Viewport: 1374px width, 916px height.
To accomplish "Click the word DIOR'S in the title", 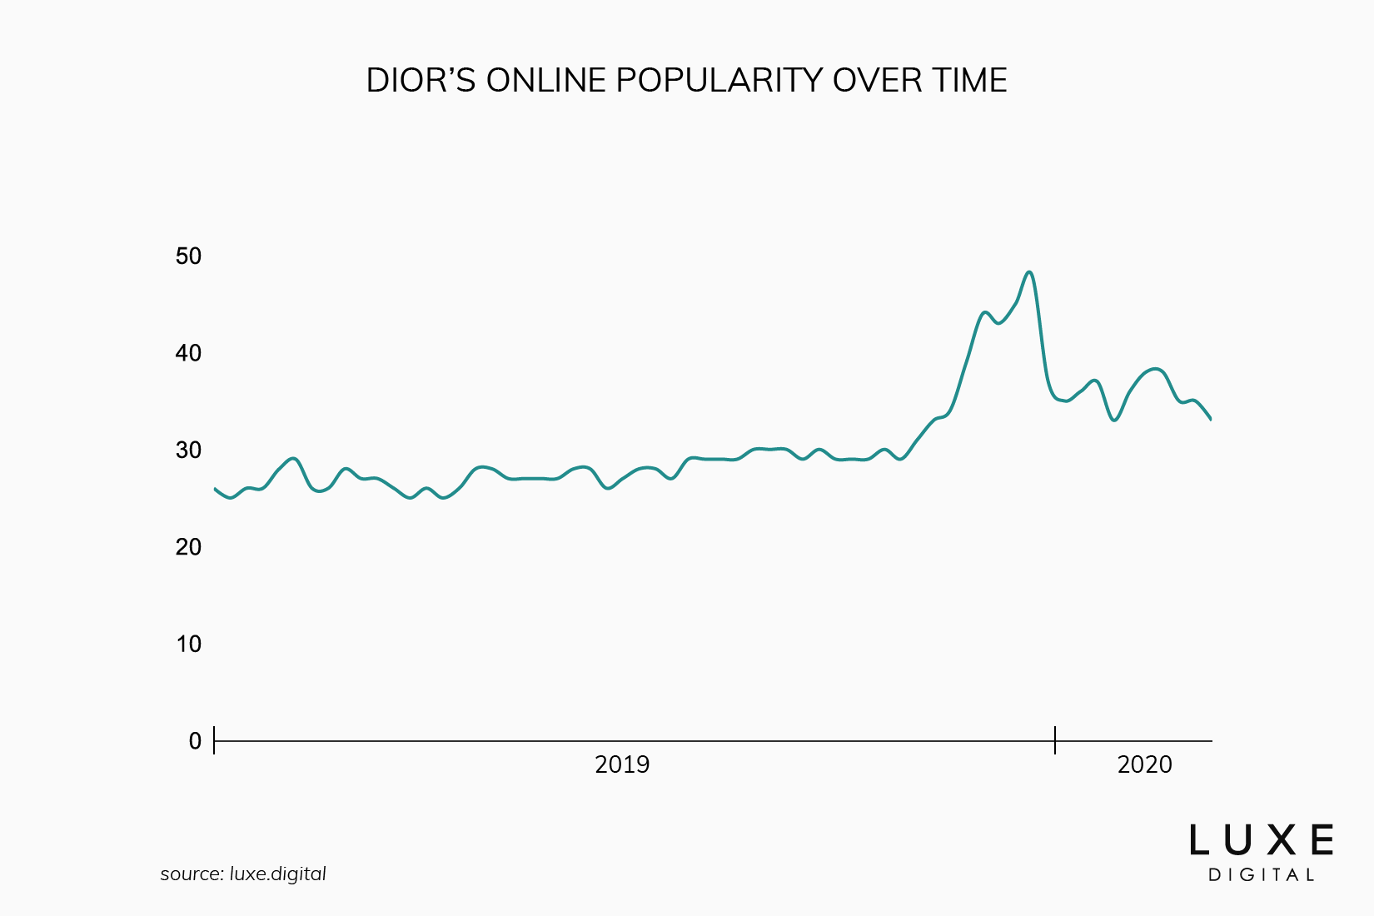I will tap(421, 81).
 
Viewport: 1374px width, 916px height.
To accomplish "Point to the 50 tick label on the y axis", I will tap(189, 256).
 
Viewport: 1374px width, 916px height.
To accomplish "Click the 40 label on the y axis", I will tap(189, 353).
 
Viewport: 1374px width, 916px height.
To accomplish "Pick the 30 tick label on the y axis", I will tap(189, 451).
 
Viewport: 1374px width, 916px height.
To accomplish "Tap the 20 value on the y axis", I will tap(189, 547).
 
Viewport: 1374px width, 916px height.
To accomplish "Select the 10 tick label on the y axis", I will tap(189, 644).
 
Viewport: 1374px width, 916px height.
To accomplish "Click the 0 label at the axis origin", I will tap(196, 741).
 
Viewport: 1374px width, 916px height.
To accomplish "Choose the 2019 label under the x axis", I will tap(622, 764).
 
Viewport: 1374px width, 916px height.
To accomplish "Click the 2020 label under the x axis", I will tap(1145, 764).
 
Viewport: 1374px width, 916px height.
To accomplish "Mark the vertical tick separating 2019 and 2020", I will tap(1055, 739).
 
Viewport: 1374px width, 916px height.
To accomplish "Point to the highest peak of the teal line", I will tap(1030, 272).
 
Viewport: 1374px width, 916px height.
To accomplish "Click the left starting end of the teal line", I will tap(216, 489).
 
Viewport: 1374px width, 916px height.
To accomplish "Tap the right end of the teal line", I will tap(1210, 419).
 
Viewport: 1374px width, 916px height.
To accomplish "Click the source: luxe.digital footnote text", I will tap(243, 874).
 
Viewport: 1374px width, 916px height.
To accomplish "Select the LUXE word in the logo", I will tap(1261, 840).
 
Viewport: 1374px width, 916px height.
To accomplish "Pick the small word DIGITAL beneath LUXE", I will tap(1261, 875).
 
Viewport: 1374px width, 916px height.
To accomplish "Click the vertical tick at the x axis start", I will tap(214, 739).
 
